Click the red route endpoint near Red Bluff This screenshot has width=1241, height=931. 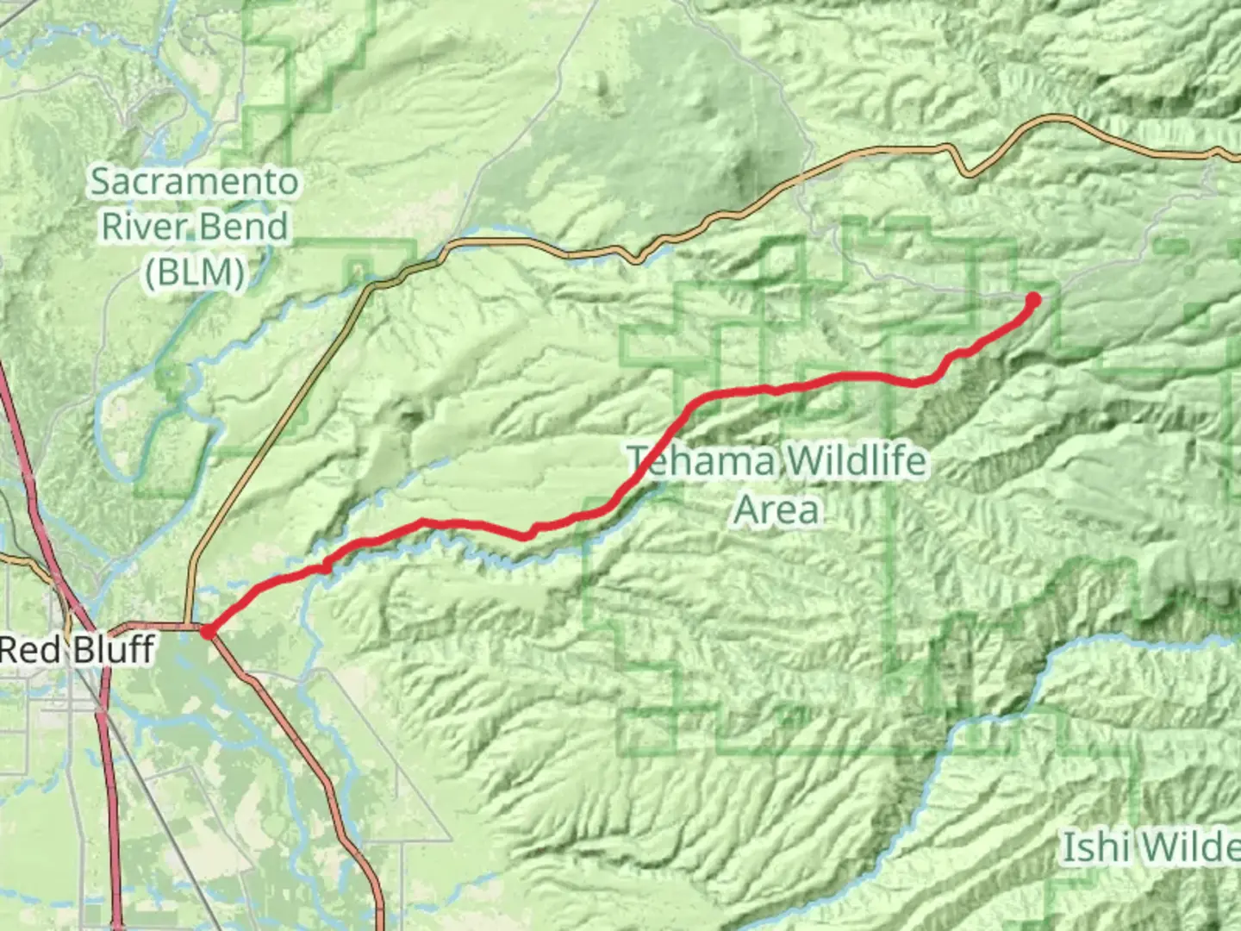[x=208, y=632]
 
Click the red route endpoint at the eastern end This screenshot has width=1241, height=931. [x=1032, y=300]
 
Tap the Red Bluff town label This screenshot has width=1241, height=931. [x=78, y=649]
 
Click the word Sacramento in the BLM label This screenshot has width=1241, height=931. [x=195, y=181]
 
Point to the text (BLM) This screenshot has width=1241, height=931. [x=195, y=272]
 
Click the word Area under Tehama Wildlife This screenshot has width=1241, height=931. [x=776, y=509]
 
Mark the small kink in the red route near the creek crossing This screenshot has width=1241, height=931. [x=325, y=565]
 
